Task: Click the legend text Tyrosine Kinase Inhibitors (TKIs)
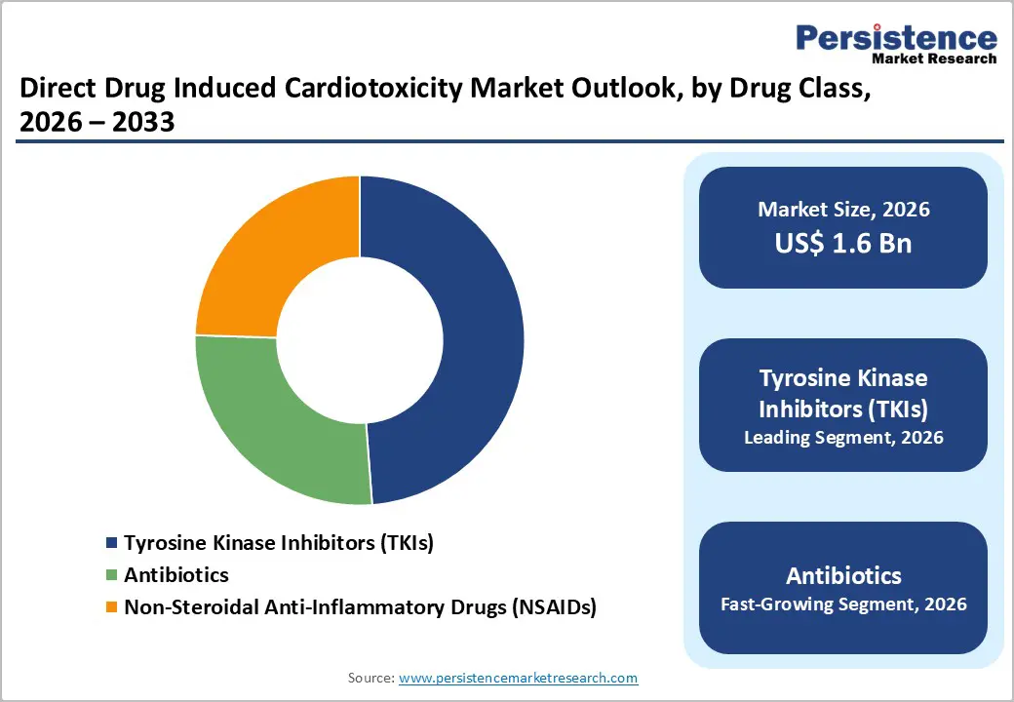279,543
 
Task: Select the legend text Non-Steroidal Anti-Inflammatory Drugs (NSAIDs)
360,607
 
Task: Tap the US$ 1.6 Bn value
843,243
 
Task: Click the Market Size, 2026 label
843,210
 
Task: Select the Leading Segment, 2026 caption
843,438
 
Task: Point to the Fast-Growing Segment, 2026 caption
843,604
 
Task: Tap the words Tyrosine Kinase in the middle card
843,377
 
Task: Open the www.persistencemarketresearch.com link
518,678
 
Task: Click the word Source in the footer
370,678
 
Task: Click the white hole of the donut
360,341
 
